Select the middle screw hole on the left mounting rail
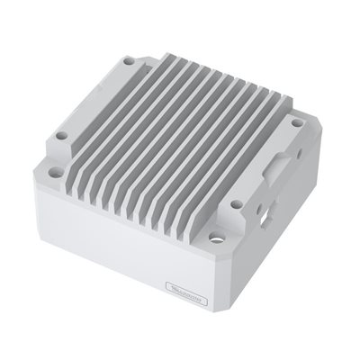[x=61, y=137]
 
